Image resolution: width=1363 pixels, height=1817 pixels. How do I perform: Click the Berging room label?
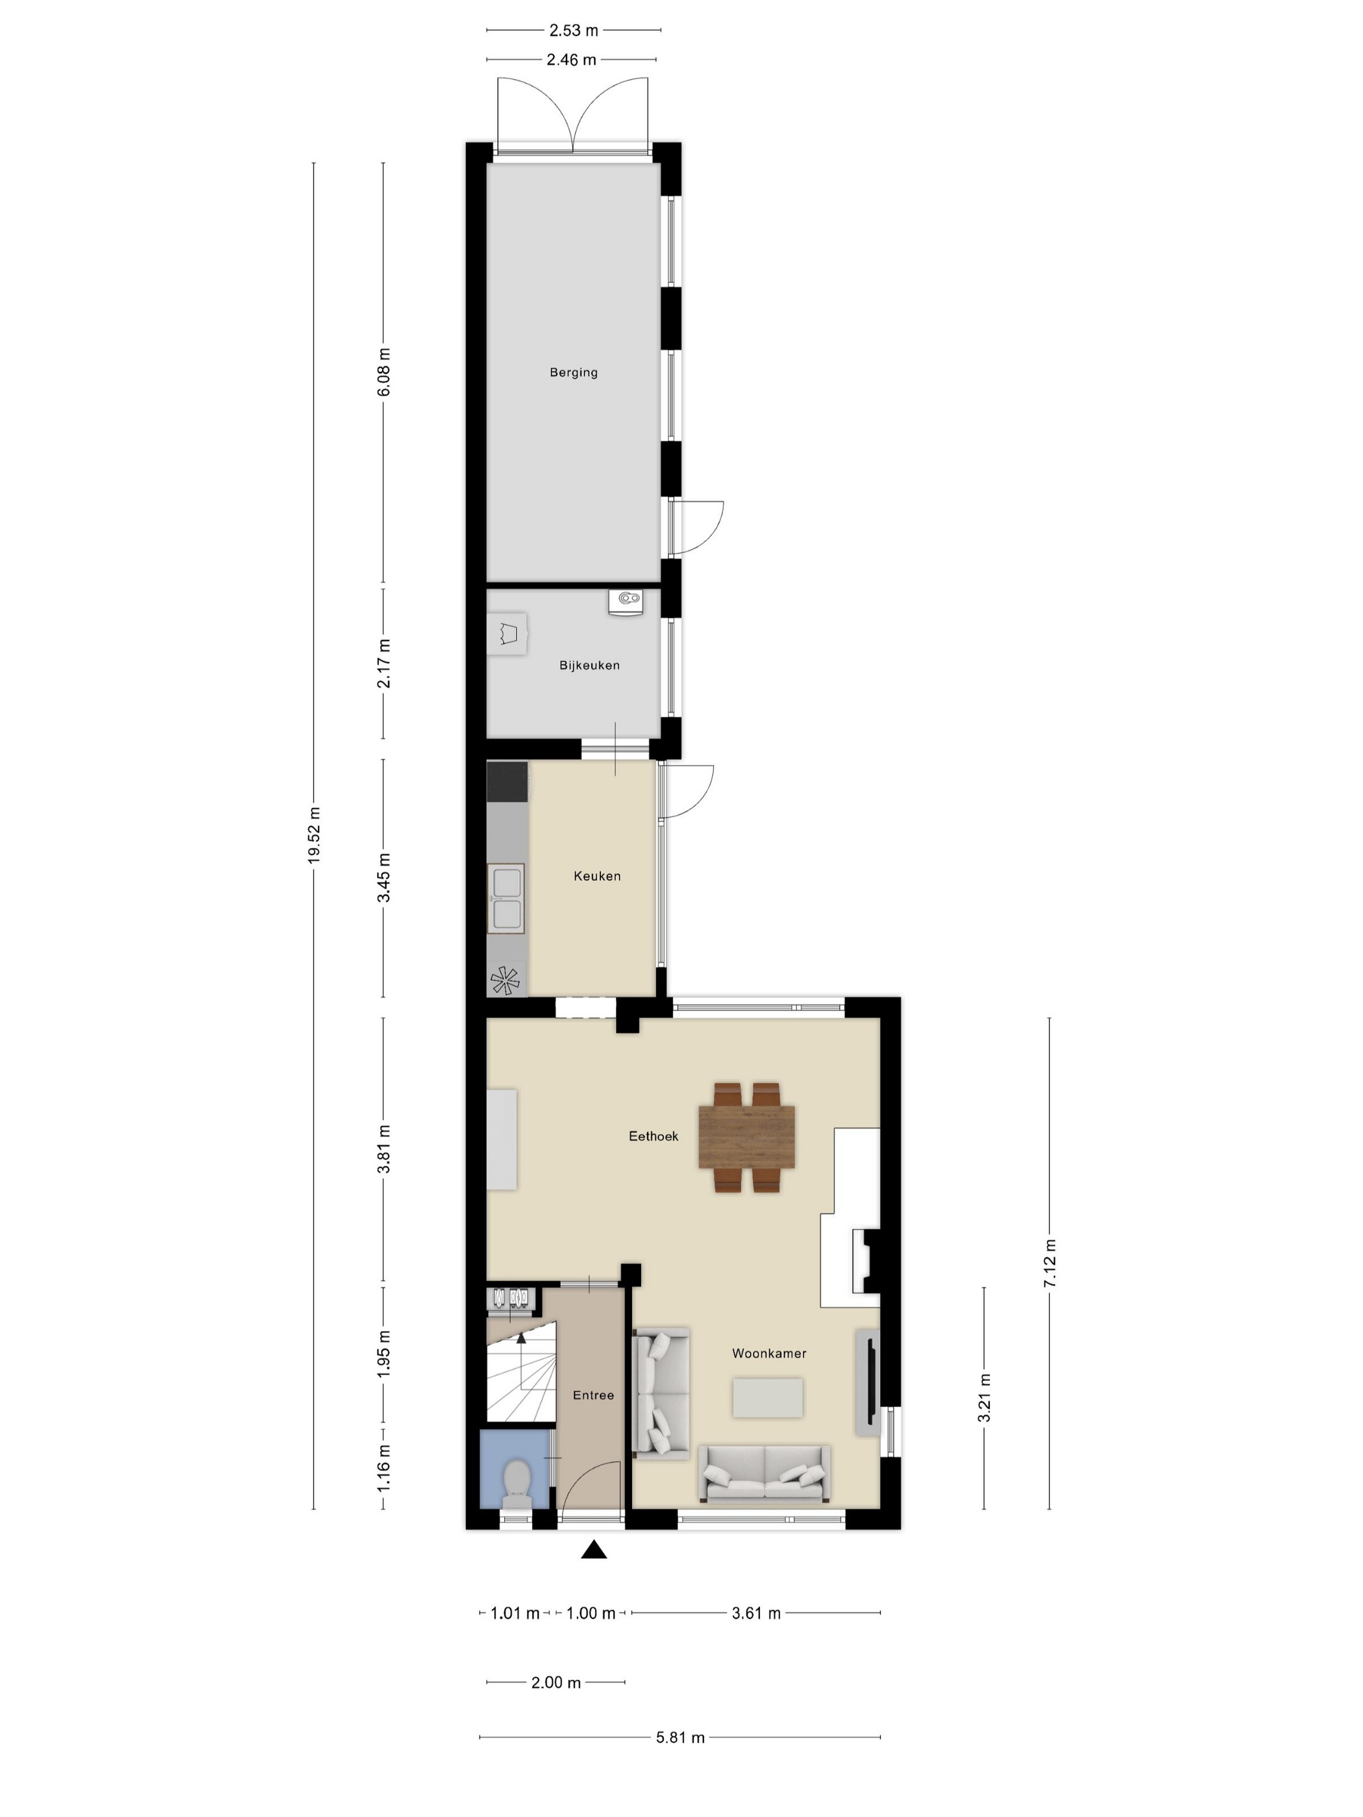coord(574,372)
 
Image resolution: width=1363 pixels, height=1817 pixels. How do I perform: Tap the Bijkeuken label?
coord(589,665)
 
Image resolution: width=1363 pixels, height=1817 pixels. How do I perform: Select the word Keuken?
coord(597,875)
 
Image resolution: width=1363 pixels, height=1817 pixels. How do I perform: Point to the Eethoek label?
coord(653,1136)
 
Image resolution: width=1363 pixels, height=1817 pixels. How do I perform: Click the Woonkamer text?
coord(769,1353)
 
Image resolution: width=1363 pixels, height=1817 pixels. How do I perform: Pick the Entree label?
coord(593,1395)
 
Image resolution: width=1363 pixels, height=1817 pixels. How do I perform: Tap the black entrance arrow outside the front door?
coord(594,1550)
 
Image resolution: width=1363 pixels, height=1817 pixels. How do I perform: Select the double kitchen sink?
coord(505,898)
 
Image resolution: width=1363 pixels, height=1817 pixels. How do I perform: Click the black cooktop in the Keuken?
coord(507,781)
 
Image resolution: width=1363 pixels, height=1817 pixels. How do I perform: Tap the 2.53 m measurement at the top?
coord(574,30)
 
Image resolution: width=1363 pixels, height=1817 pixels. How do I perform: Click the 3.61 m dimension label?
coord(756,1613)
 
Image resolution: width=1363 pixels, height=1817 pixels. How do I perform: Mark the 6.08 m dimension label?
coord(384,371)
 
